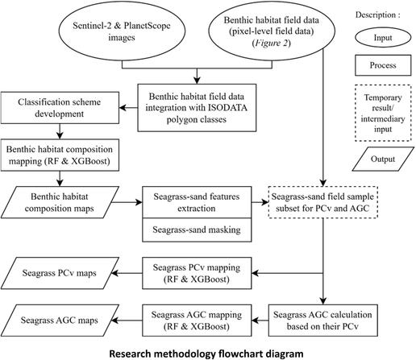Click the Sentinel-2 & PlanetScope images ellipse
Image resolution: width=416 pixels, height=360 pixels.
122,31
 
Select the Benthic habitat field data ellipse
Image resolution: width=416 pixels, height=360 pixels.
272,31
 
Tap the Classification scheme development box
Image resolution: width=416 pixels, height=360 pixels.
60,108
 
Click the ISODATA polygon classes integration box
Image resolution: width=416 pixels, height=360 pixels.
197,108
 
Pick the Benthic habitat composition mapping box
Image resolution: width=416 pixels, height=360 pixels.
60,155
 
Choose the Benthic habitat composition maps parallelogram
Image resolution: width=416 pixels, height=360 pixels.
60,202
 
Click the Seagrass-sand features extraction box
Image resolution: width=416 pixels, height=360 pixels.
197,202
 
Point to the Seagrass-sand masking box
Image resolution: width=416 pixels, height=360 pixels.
197,230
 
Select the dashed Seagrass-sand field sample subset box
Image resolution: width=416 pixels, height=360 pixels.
323,202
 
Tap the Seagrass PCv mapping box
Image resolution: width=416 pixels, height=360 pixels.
197,273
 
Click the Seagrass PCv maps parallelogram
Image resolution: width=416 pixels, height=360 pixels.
60,273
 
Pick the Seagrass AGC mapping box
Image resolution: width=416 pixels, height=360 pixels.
197,321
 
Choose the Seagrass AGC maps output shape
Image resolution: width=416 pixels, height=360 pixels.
60,321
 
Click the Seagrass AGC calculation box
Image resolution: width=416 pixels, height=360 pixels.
323,321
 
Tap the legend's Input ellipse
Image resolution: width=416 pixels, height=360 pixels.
383,38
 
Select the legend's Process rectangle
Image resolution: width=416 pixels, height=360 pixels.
383,65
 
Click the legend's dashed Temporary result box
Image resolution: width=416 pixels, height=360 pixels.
383,113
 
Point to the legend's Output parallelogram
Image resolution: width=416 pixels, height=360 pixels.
383,159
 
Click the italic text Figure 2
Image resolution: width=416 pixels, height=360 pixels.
272,43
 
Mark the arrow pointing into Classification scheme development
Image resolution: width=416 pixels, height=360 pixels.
128,108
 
